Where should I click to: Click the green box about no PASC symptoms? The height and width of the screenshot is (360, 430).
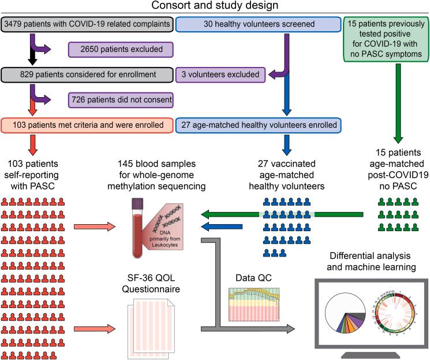[384, 38]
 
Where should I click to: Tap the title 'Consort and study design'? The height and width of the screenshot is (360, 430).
[214, 6]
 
